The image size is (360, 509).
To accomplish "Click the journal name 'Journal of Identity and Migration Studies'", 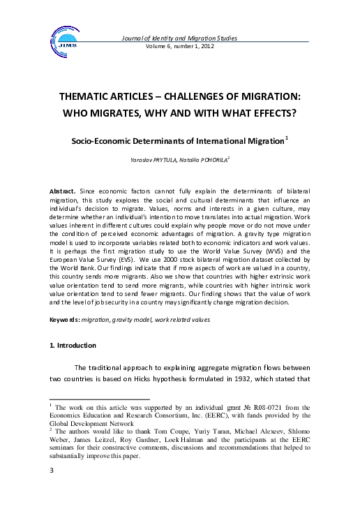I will [179, 38].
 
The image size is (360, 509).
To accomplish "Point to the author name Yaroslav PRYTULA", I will [156, 161].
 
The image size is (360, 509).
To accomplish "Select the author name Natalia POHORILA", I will [206, 161].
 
